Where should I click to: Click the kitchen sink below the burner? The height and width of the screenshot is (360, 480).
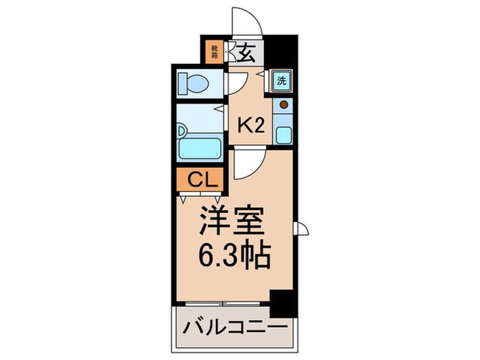point(283,132)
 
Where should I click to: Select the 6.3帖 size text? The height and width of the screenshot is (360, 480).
point(233,258)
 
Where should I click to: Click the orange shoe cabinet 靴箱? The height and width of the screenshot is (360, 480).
point(215,51)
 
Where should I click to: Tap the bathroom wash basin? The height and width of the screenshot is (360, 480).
point(182,130)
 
